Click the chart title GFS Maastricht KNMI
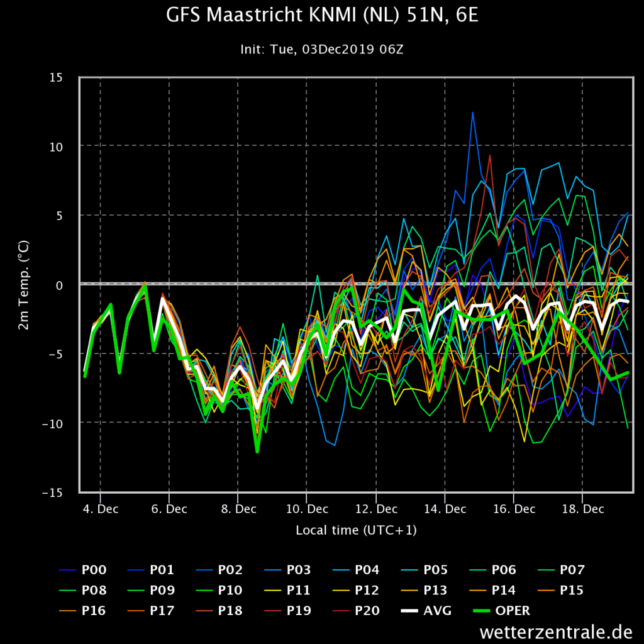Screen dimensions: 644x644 point(322,15)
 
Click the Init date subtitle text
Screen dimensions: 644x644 point(322,49)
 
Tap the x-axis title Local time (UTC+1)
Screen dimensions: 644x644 point(356,530)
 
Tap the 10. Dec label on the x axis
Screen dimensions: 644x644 point(307,509)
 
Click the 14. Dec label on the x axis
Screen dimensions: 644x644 point(444,509)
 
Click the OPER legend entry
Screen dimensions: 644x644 point(513,610)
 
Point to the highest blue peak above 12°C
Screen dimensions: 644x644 point(472,113)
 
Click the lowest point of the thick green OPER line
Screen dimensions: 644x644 point(257,451)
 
